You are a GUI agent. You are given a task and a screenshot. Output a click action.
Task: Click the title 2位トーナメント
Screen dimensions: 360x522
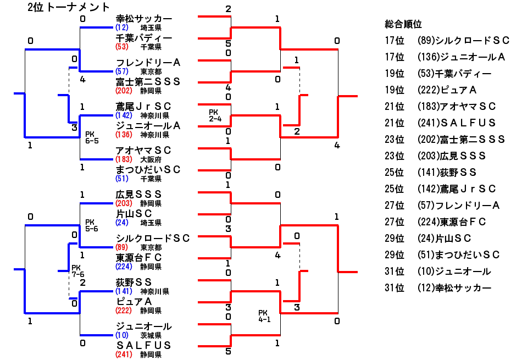[x=69, y=7]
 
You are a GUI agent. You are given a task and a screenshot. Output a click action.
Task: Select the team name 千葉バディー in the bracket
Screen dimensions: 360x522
[x=144, y=38]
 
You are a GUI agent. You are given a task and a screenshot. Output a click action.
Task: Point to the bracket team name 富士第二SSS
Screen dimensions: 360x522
[x=148, y=82]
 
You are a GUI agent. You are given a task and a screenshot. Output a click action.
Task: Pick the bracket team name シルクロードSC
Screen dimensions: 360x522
[x=153, y=238]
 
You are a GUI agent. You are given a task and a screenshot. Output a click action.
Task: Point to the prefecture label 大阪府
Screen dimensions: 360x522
[x=151, y=159]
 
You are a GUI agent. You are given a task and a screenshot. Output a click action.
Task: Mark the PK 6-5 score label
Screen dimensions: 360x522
[x=92, y=137]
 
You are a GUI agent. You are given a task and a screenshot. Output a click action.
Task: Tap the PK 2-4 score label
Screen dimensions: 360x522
[x=215, y=115]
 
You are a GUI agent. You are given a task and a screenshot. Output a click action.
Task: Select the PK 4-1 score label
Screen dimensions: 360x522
[x=265, y=316]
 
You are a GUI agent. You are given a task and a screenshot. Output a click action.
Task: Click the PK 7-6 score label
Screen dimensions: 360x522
[x=77, y=271]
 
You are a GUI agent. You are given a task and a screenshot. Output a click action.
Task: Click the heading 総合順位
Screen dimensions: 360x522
[x=403, y=24]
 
